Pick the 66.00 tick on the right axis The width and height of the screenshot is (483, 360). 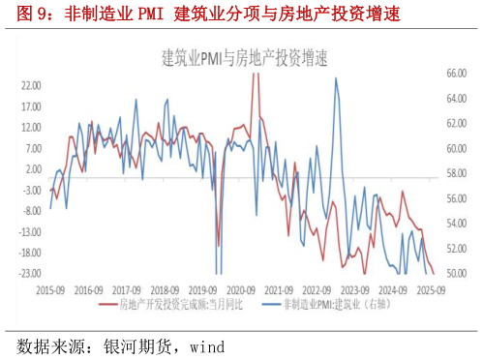456,74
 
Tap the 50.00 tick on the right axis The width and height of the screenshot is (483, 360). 456,274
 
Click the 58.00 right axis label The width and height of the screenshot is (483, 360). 456,174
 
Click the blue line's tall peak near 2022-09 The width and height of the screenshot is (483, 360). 336,78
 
